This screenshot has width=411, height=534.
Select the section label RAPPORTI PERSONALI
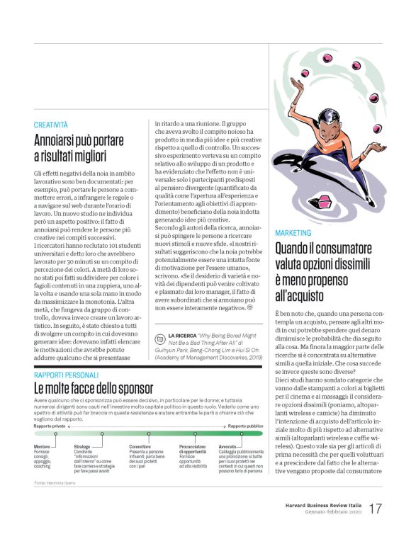pos(66,375)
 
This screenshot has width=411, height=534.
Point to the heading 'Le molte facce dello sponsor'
pos(93,388)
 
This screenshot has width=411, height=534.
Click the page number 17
pos(376,509)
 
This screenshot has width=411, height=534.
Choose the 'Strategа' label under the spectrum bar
pos(82,447)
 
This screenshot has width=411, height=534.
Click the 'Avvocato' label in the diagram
pos(230,447)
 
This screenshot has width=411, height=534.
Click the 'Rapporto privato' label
pos(50,426)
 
